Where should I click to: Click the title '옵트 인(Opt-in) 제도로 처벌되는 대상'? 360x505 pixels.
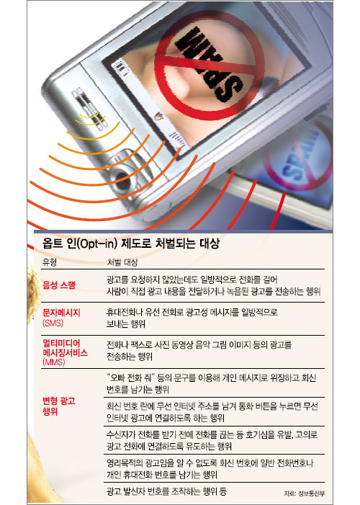131,243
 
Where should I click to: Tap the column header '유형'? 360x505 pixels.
49,262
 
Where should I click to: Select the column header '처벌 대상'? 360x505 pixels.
122,262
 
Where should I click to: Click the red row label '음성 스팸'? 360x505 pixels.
59,285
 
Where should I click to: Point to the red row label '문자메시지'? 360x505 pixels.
61,313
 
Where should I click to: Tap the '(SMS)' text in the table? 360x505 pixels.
53,323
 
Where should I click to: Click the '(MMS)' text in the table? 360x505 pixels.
54,362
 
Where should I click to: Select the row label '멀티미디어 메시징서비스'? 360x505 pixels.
65,348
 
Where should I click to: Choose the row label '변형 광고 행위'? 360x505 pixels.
59,406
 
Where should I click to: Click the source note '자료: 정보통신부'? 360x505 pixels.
305,493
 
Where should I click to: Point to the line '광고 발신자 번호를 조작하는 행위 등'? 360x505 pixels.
167,491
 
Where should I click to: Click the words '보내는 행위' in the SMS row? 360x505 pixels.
126,323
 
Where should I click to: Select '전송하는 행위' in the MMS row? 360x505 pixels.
130,357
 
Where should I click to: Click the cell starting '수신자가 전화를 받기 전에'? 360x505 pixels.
212,440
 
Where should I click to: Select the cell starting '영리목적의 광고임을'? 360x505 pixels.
210,468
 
